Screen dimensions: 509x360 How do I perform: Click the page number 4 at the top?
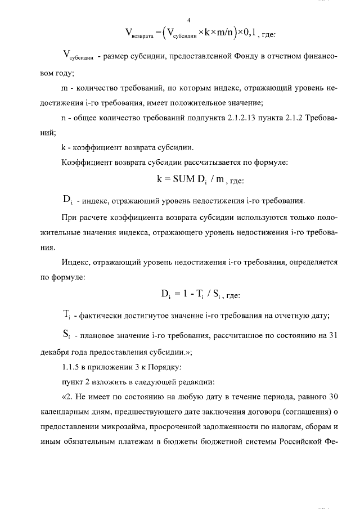[180, 21]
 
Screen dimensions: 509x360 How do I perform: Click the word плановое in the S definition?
[101, 337]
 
